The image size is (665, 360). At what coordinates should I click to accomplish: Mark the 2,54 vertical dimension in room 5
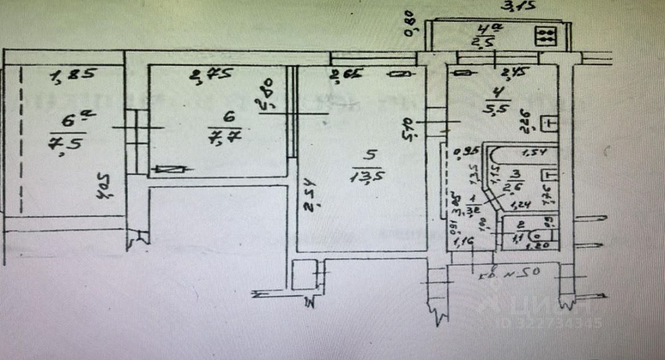coord(309,193)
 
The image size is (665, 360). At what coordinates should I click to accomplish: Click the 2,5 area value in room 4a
coord(484,43)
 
